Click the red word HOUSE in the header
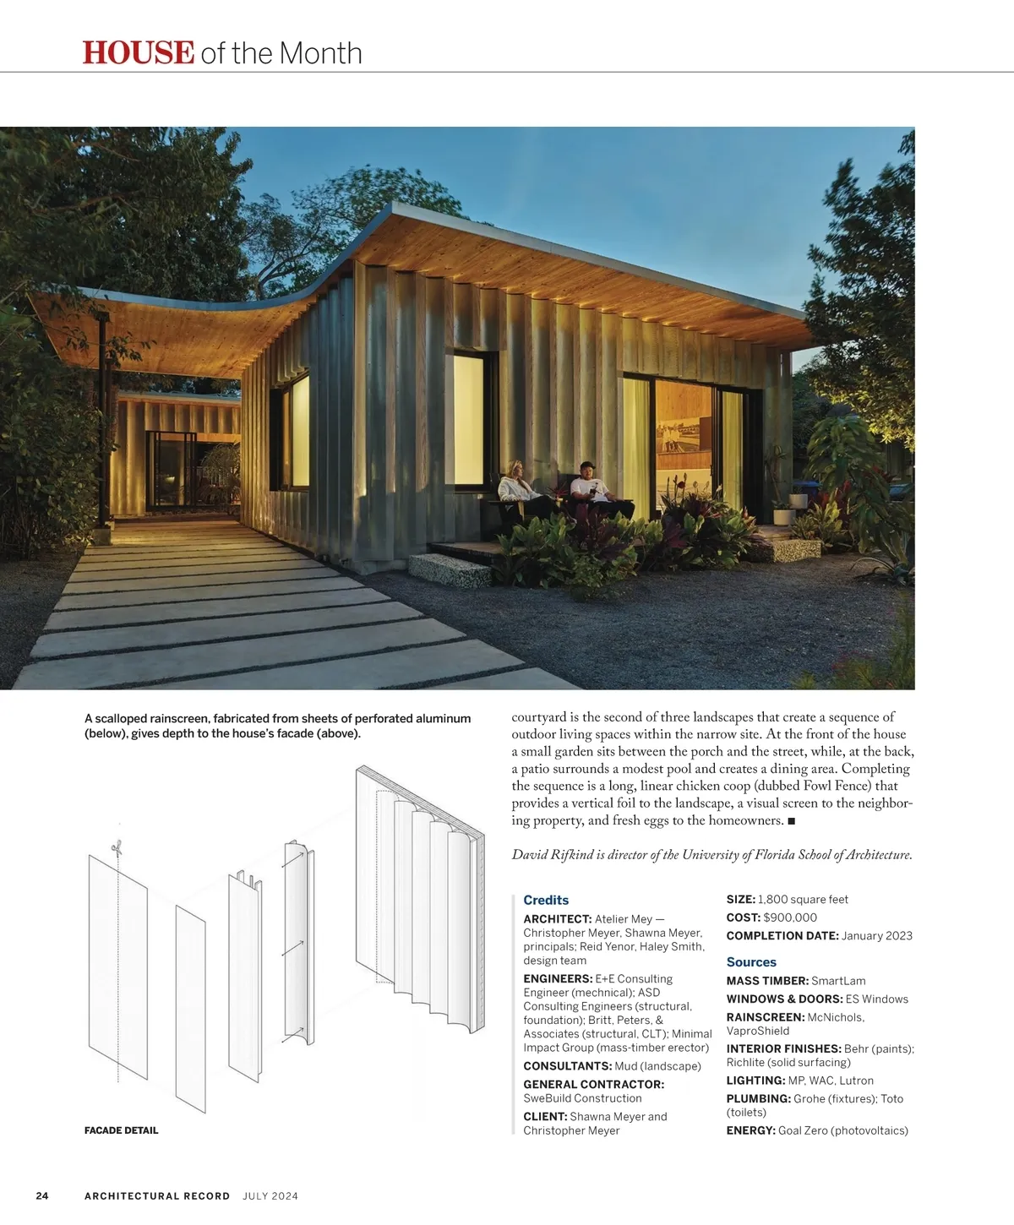[x=139, y=52]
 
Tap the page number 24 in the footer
[x=42, y=1195]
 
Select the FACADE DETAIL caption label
[x=121, y=1130]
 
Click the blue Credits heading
[x=546, y=900]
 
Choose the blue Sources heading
[x=751, y=961]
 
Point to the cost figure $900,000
[x=790, y=917]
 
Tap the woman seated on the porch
[x=516, y=489]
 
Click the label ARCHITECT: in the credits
[x=557, y=919]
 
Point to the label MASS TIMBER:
[x=767, y=981]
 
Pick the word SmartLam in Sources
[x=838, y=981]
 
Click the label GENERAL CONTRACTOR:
[x=593, y=1084]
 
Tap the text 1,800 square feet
[x=803, y=900]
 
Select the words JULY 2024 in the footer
[x=270, y=1195]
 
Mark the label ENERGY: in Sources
[x=750, y=1130]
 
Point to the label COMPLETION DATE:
[x=782, y=936]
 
